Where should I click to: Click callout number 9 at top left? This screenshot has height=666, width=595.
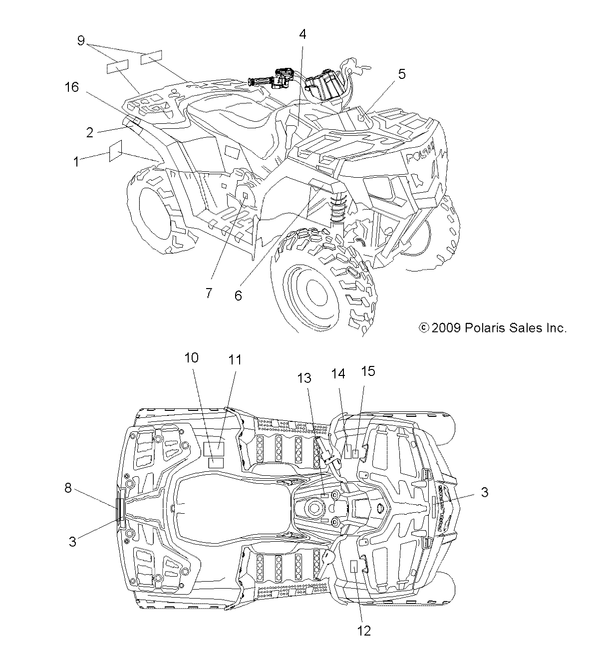pyautogui.click(x=81, y=40)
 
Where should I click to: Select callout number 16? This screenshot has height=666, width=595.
pyautogui.click(x=72, y=87)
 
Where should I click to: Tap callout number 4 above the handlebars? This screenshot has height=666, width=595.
pyautogui.click(x=302, y=34)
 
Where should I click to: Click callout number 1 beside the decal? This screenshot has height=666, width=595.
pyautogui.click(x=76, y=161)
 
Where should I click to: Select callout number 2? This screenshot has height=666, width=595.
pyautogui.click(x=90, y=132)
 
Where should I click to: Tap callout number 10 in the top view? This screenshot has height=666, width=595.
pyautogui.click(x=191, y=357)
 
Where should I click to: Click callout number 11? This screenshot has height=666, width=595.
pyautogui.click(x=235, y=359)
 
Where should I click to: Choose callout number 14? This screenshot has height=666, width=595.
pyautogui.click(x=339, y=374)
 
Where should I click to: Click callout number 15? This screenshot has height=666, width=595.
pyautogui.click(x=368, y=371)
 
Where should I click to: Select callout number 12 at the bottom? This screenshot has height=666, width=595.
pyautogui.click(x=364, y=631)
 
